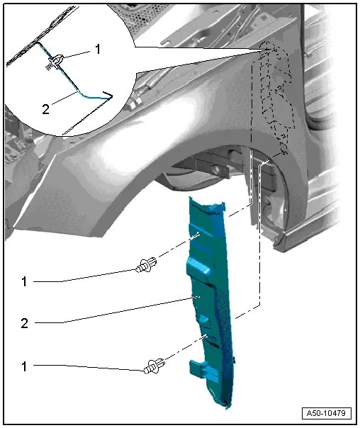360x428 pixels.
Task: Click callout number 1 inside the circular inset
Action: tap(97, 50)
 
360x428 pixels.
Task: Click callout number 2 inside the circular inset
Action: tap(45, 108)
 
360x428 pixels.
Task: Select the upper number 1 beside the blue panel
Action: tap(24, 281)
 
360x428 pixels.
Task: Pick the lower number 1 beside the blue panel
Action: tap(24, 366)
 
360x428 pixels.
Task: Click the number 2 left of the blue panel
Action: tap(24, 323)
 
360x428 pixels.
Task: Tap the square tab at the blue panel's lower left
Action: tap(197, 368)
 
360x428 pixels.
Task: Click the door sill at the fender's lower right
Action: tap(312, 234)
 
